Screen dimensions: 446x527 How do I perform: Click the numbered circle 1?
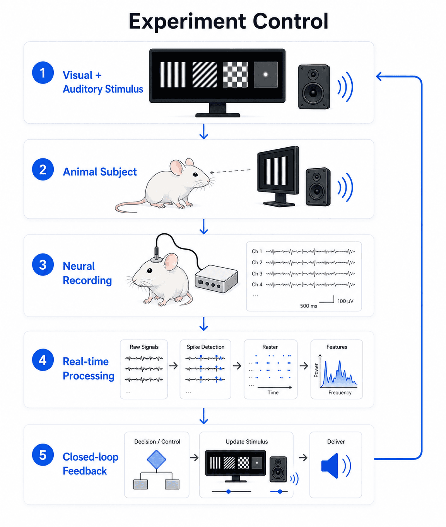(x=43, y=73)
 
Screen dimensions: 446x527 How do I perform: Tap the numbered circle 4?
(x=43, y=360)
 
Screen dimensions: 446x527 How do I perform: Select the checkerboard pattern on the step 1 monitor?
(x=235, y=75)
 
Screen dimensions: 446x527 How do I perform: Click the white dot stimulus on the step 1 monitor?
(x=265, y=75)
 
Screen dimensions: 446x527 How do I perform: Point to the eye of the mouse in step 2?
(x=195, y=174)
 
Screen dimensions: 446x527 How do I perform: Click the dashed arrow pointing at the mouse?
(x=230, y=171)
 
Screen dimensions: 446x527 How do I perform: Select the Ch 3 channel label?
(x=257, y=274)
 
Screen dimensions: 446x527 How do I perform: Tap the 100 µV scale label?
(x=345, y=301)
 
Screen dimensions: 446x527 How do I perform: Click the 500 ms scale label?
(x=308, y=306)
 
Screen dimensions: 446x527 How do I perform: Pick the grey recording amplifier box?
(x=216, y=279)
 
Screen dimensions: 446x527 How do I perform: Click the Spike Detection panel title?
(x=205, y=347)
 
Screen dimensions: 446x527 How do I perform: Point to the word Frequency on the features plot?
(x=340, y=393)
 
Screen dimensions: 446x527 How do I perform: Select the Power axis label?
(x=316, y=370)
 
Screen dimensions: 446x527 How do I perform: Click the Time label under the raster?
(x=273, y=393)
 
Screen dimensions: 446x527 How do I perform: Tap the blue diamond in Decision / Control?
(x=156, y=459)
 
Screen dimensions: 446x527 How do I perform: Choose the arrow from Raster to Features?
(x=304, y=366)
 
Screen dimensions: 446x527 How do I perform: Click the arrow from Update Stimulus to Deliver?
(x=303, y=458)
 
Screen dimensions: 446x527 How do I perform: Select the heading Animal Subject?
(x=100, y=172)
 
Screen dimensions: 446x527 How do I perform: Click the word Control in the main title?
(x=290, y=21)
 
